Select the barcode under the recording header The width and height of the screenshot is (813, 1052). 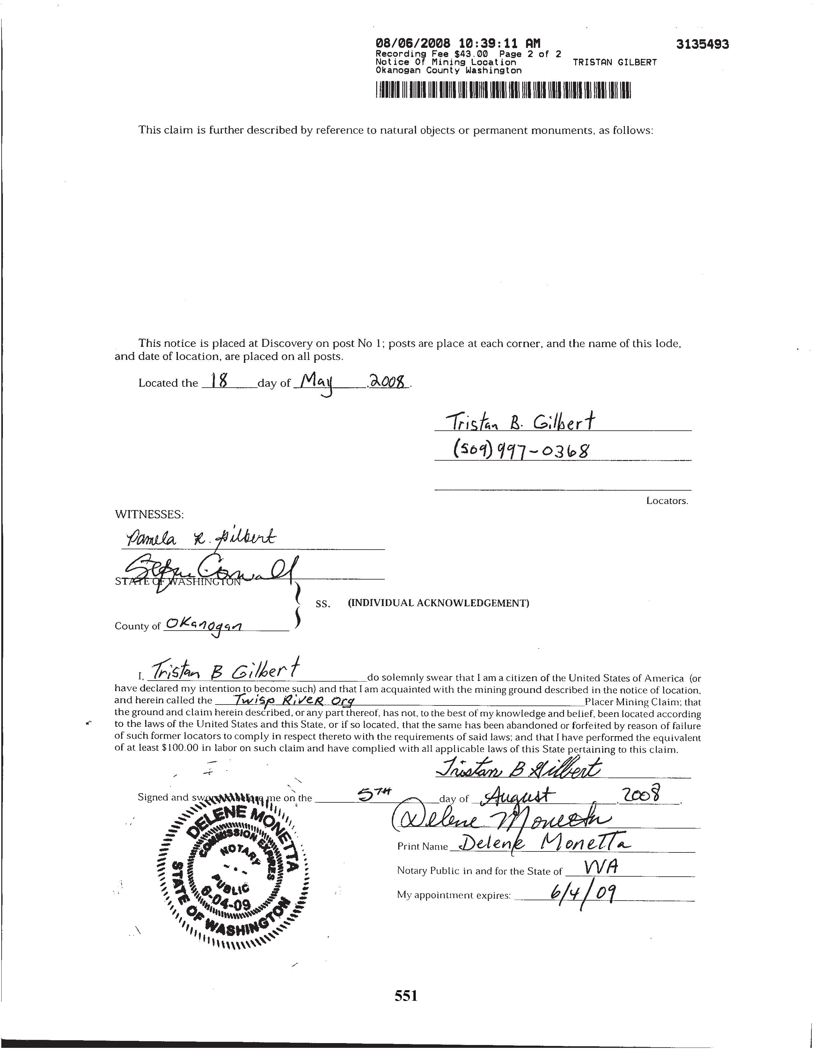click(503, 91)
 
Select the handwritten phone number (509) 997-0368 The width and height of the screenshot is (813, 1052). click(521, 451)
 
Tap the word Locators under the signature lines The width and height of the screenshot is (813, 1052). click(667, 500)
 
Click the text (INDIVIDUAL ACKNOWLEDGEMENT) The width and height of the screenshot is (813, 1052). click(438, 603)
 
